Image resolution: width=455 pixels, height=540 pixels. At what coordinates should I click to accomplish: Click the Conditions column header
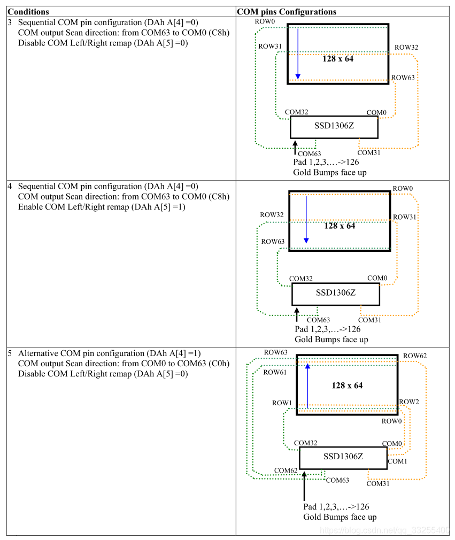tap(28, 12)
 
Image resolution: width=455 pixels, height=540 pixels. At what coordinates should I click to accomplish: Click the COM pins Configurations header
tap(287, 12)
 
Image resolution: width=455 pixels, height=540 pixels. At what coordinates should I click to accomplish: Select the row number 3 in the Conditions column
tap(10, 23)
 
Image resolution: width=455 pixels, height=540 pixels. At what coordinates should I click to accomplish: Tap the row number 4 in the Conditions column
tap(10, 187)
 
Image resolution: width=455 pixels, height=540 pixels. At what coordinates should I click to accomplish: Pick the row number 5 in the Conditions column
tap(10, 353)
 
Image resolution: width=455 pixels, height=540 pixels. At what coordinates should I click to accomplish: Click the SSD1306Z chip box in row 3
tap(334, 127)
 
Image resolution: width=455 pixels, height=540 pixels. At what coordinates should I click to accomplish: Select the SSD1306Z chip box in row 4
tap(335, 294)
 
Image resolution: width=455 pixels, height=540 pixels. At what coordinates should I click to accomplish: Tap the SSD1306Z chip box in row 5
tap(343, 458)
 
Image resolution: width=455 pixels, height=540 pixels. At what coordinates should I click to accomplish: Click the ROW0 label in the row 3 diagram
tap(266, 21)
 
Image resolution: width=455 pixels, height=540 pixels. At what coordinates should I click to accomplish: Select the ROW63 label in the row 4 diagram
tap(273, 242)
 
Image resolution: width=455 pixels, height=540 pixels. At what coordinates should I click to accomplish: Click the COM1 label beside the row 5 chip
tap(397, 461)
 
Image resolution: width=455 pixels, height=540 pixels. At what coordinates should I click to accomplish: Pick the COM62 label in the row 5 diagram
tap(286, 470)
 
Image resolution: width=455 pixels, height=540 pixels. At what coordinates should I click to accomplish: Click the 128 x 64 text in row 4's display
tap(340, 226)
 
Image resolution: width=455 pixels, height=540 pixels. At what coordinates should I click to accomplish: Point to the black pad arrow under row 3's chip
tap(295, 148)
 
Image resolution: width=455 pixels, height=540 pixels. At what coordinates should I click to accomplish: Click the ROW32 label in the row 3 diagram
tap(406, 47)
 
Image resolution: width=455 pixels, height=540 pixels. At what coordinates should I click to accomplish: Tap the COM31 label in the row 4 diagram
tap(369, 320)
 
